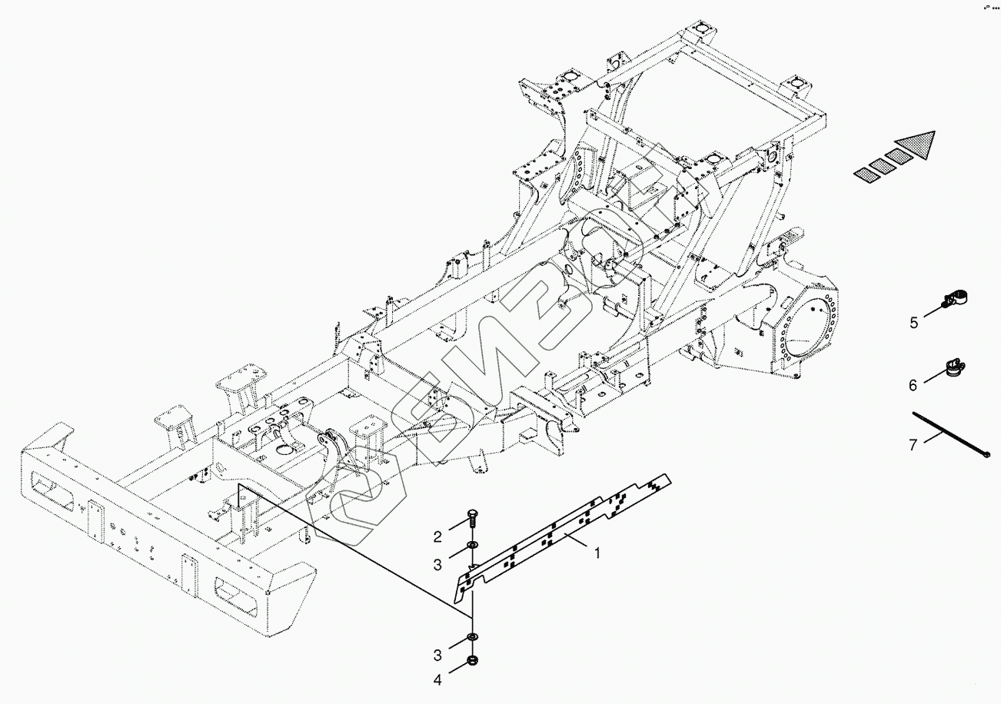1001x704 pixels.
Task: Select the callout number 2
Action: [437, 536]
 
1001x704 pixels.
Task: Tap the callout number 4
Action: [437, 679]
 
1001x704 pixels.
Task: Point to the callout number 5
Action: [913, 323]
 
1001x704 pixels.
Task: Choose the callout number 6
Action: [913, 385]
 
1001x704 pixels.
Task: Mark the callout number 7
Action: [913, 445]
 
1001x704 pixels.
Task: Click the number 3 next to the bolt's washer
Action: [437, 565]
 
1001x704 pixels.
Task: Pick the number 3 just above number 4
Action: [437, 655]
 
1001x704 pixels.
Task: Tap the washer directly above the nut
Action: [471, 638]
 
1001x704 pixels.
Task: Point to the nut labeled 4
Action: [471, 662]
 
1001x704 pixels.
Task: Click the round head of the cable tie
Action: [986, 455]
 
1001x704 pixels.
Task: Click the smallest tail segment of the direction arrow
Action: [865, 176]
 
